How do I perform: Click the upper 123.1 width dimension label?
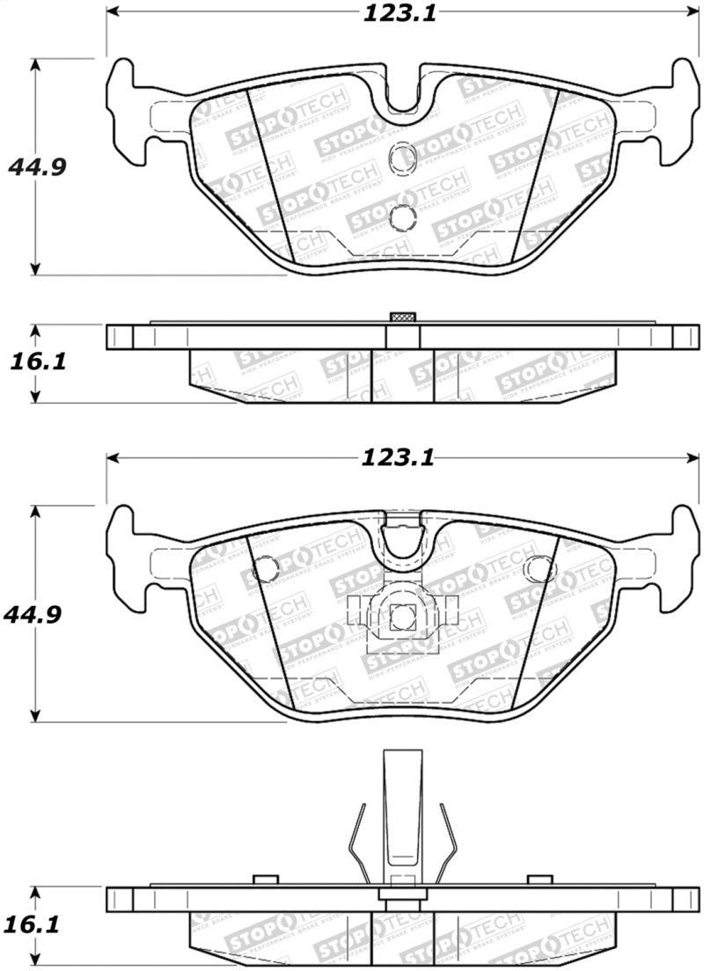399,13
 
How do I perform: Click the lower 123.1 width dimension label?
399,457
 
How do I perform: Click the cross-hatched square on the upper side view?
402,318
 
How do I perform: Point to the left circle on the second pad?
263,571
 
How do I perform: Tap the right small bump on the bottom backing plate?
540,880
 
